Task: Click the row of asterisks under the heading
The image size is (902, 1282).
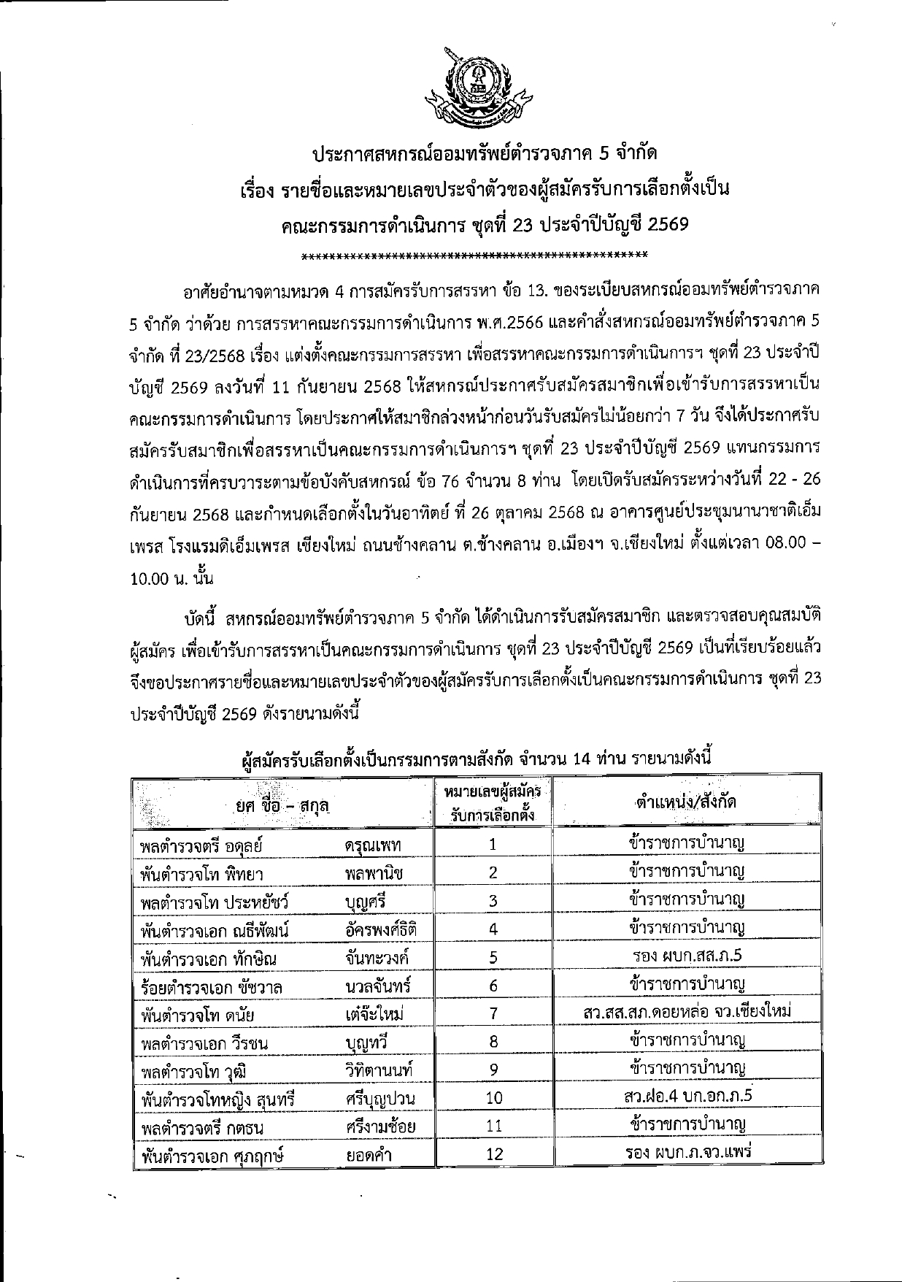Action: click(474, 256)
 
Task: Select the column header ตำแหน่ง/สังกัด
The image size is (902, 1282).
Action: click(685, 802)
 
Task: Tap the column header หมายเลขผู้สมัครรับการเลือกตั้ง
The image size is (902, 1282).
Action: click(493, 802)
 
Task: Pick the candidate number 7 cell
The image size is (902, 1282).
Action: click(493, 1013)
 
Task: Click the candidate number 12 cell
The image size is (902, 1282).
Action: click(494, 1154)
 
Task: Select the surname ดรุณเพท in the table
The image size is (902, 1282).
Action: click(373, 845)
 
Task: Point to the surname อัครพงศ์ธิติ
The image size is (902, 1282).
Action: click(380, 929)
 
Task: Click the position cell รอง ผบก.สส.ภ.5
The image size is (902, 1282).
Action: click(688, 956)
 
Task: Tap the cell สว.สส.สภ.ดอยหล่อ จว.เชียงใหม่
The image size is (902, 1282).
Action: click(687, 1012)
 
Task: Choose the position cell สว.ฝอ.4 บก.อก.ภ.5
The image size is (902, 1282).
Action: click(688, 1097)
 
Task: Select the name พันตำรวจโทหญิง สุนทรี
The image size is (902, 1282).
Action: click(217, 1099)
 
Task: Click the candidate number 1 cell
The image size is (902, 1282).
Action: click(493, 845)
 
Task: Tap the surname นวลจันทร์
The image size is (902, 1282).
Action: click(377, 986)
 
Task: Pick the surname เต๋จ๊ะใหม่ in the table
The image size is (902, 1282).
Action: click(374, 1014)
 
